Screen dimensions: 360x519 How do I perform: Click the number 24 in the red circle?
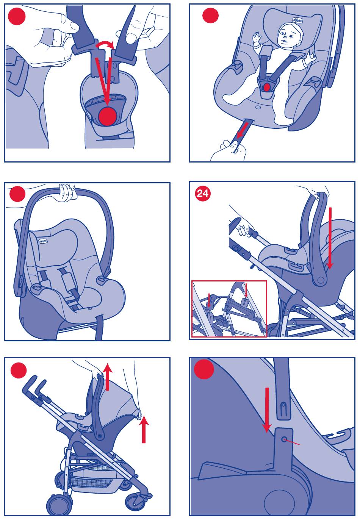(203, 194)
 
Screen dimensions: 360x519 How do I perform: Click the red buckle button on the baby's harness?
(267, 87)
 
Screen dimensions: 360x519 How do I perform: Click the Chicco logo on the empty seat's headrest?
(43, 241)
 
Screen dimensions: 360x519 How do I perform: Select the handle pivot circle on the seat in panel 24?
(320, 280)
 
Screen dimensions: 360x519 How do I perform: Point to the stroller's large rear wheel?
(59, 506)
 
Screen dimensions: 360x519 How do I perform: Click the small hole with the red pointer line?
(284, 439)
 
